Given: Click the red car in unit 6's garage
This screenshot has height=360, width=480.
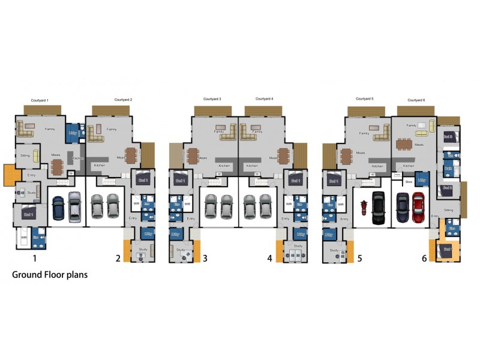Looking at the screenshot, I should click(x=418, y=206).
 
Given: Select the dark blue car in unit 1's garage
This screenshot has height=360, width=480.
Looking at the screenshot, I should click(x=58, y=208).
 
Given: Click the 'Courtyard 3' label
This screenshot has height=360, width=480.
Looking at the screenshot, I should click(x=212, y=99).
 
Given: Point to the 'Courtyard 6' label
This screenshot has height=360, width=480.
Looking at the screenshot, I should click(x=416, y=100).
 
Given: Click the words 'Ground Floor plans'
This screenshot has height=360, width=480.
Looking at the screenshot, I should click(x=50, y=275).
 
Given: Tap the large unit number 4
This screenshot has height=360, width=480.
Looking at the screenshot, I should click(x=270, y=259).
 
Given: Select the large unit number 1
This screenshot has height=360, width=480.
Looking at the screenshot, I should click(x=35, y=259).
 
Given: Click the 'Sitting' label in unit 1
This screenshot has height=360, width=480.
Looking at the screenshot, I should click(x=25, y=155).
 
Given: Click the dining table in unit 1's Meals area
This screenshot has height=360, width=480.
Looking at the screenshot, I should click(x=57, y=166).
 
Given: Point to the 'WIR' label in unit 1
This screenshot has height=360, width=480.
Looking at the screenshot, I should click(x=24, y=238).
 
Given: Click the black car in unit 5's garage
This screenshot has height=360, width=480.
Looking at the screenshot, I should click(x=377, y=206).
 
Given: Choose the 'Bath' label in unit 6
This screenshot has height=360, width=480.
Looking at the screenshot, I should click(x=448, y=169).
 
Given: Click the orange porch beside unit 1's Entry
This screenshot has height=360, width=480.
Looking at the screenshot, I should click(x=11, y=175).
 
